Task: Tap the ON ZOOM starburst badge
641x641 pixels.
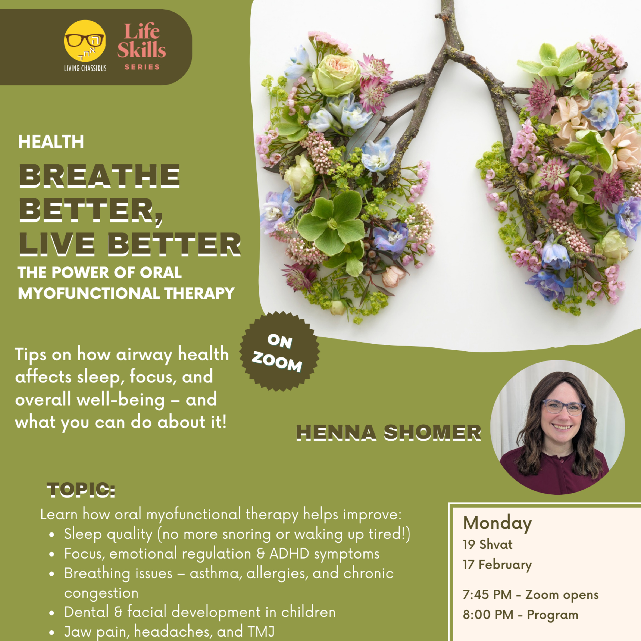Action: click(x=279, y=351)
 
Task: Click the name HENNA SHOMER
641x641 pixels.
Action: click(x=388, y=433)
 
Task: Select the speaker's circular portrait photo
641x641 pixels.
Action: click(x=557, y=427)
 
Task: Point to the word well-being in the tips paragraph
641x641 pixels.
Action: click(x=121, y=400)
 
